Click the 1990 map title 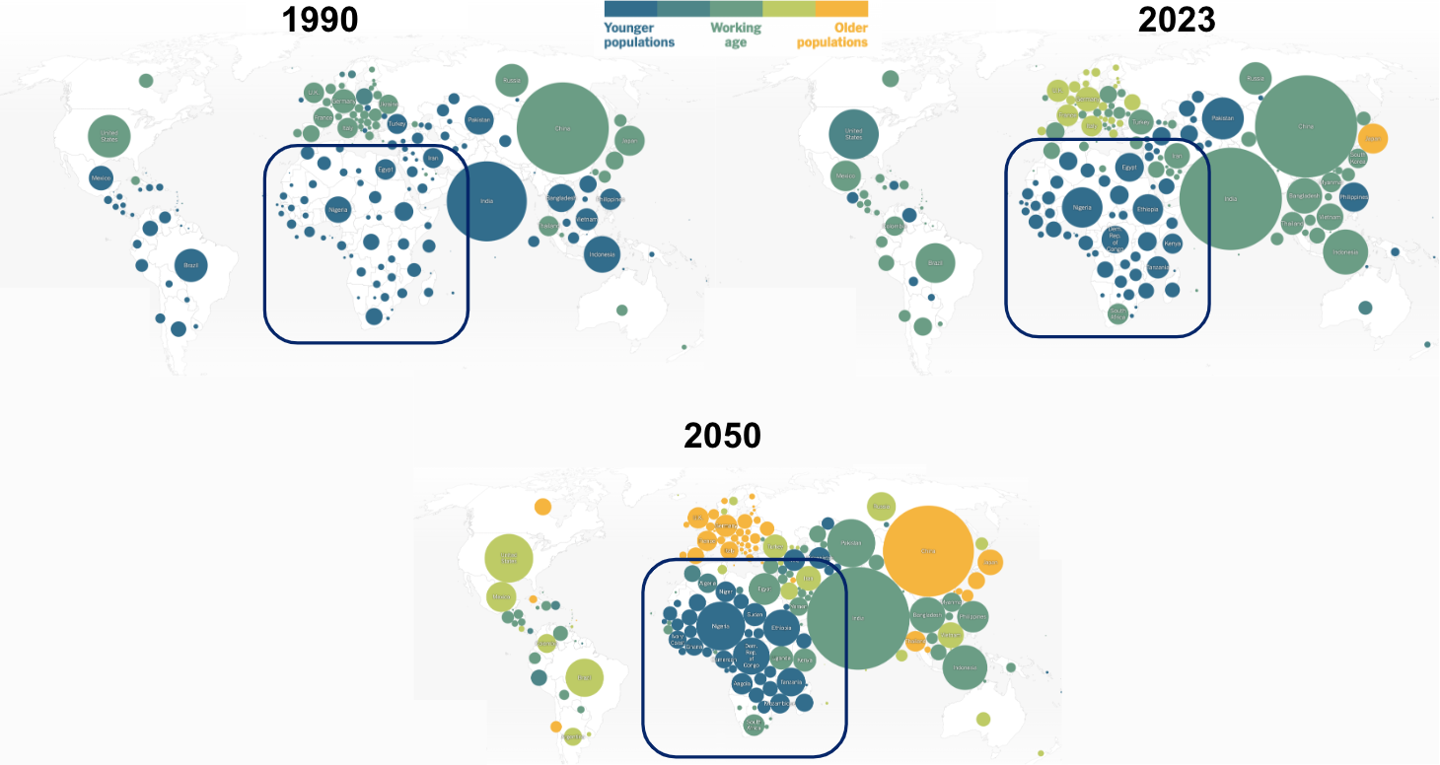(x=321, y=20)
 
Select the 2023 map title (x=1177, y=20)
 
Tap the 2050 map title (x=722, y=436)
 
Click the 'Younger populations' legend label (x=639, y=35)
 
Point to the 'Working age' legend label (x=736, y=35)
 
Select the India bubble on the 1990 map (x=486, y=201)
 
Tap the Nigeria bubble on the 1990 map (x=338, y=209)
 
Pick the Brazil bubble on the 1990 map (x=191, y=265)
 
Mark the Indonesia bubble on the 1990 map (x=602, y=254)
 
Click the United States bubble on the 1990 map (x=109, y=136)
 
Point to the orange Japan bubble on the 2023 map (x=1372, y=138)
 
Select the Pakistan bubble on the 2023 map (x=1222, y=118)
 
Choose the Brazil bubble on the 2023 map (x=935, y=263)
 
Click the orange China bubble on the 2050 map (x=928, y=551)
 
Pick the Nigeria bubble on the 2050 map (x=720, y=626)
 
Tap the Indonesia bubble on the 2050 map (x=965, y=667)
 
